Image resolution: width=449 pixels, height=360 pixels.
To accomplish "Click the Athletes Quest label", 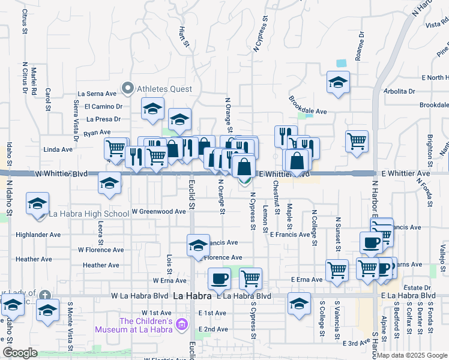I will click(x=164, y=89).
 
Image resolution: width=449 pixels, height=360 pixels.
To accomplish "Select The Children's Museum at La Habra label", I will click(x=137, y=325).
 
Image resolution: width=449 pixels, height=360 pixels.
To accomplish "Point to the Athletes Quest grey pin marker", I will click(x=127, y=89).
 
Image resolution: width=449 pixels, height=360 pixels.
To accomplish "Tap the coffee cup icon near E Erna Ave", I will click(x=218, y=278).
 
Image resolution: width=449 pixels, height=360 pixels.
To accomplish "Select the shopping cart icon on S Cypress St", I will click(x=250, y=278).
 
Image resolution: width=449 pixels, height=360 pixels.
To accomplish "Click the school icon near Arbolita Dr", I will click(x=338, y=82).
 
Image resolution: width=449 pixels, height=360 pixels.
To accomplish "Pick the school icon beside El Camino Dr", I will click(x=152, y=109).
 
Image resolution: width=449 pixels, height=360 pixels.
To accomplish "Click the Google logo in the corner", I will click(x=20, y=353).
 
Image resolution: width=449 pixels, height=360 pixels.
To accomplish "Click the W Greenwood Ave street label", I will click(x=158, y=212).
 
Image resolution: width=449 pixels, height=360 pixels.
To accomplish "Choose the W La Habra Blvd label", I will click(x=140, y=296).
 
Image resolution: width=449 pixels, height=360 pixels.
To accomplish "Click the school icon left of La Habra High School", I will click(x=37, y=203).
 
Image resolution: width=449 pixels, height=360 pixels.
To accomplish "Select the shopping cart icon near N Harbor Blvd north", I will click(x=357, y=141).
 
